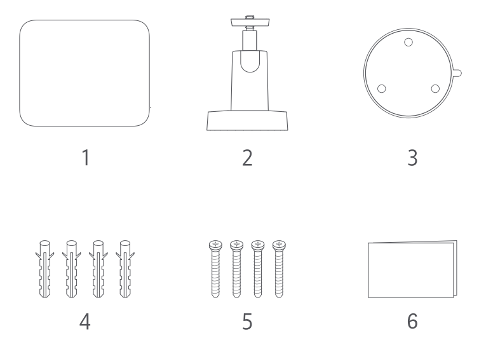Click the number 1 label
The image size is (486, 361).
pos(86,158)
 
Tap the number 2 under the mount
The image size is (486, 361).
pos(247,158)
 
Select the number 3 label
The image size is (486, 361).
pos(412,158)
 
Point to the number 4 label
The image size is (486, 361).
pos(85,322)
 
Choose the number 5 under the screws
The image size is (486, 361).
pos(247,322)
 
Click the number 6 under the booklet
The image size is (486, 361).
pos(412,321)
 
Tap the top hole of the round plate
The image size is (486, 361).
pos(408,42)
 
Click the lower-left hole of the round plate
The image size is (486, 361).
pos(382,89)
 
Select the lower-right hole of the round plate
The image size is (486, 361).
pos(435,89)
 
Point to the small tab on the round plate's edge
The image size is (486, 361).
pos(457,73)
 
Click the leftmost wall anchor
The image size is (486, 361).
pos(44,269)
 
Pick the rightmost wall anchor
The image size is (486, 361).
pos(125,269)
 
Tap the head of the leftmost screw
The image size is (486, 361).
pos(215,245)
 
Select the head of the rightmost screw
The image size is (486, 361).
pos(279,245)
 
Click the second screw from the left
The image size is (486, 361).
pos(236,269)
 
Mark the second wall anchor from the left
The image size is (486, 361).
pos(72,269)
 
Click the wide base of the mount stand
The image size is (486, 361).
pos(247,121)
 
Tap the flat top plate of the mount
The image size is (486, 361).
pos(250,22)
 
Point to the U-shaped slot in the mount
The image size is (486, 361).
pos(250,62)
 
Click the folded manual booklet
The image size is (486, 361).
pos(412,269)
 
